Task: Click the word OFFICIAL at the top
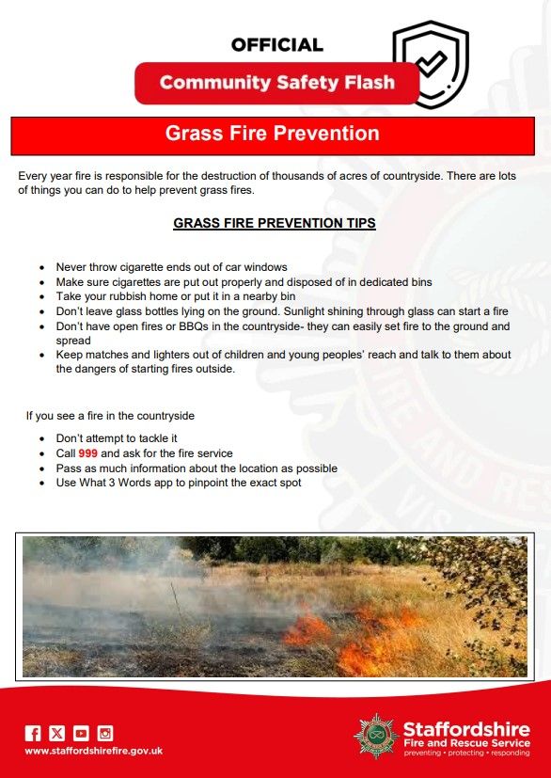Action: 276,45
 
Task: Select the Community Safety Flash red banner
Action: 277,83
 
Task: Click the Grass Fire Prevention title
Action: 273,134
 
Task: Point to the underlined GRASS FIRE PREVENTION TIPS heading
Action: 275,223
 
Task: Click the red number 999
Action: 87,453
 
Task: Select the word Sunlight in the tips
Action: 304,312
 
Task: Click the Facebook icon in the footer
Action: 33,734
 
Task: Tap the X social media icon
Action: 57,734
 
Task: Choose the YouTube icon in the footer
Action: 82,734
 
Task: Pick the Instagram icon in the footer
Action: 105,734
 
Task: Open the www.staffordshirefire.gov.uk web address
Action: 94,752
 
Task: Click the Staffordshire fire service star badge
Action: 376,736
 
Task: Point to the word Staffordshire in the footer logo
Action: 466,730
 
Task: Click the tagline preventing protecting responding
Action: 466,754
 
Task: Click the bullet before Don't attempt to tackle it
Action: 43,439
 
